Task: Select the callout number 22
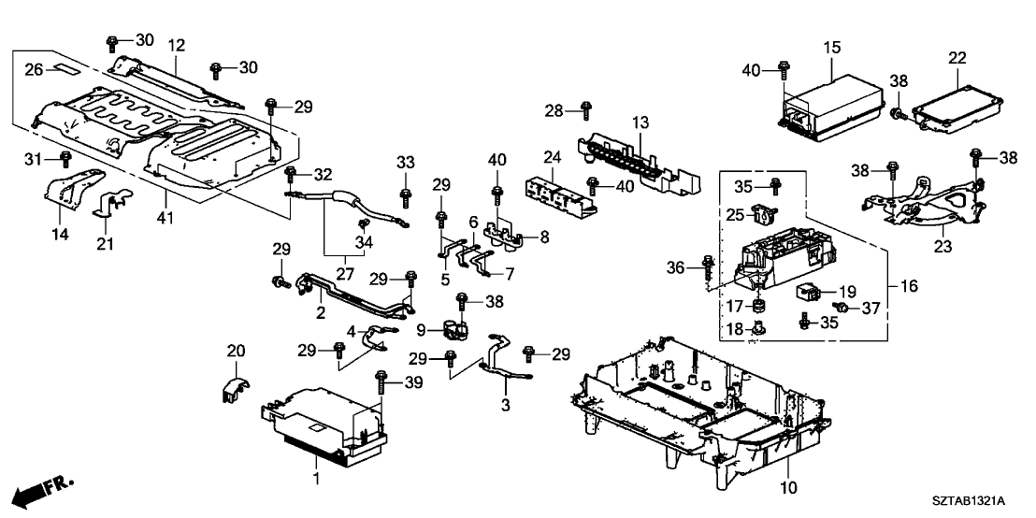(957, 58)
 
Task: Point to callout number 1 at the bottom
(316, 480)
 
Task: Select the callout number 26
(33, 70)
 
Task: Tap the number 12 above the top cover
(177, 45)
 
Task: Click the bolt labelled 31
(65, 158)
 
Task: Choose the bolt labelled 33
(405, 197)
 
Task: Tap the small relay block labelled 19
(810, 291)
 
